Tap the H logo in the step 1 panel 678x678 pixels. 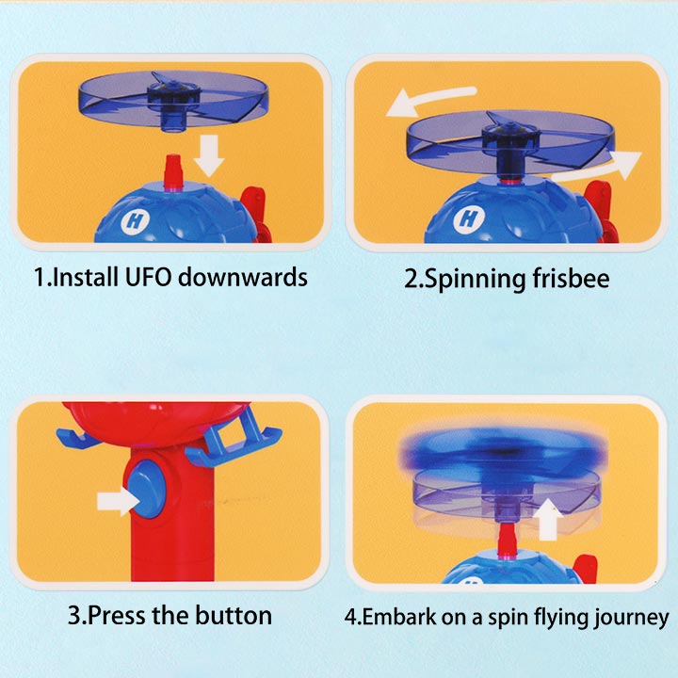click(135, 220)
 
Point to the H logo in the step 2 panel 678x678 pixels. click(469, 218)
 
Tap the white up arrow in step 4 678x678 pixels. click(548, 519)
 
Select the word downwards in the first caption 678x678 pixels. click(243, 276)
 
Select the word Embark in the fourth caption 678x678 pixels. click(399, 616)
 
